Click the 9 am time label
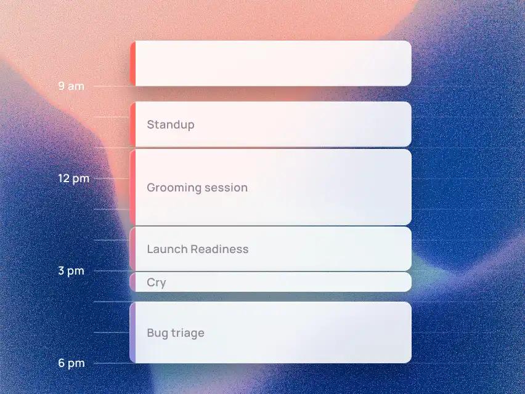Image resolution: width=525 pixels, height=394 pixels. [x=71, y=86]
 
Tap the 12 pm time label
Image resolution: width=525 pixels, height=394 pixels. [x=74, y=179]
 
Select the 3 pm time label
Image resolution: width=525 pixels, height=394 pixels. [x=71, y=271]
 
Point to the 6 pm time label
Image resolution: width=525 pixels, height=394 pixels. [x=71, y=363]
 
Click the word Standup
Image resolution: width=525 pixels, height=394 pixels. [x=171, y=125]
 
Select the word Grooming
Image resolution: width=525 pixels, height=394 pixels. [x=174, y=188]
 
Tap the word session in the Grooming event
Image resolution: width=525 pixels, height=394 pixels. [x=226, y=188]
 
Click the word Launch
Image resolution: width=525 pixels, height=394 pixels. [x=167, y=249]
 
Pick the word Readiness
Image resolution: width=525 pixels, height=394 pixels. [x=219, y=249]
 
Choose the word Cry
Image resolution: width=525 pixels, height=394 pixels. [x=157, y=283]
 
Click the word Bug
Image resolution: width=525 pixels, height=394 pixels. [x=157, y=334]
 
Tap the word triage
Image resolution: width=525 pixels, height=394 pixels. [x=187, y=333]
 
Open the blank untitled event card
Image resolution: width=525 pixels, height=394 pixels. [x=271, y=63]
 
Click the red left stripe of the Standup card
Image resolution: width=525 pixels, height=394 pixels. [x=132, y=124]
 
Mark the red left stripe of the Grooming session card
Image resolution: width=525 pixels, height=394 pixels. [x=132, y=187]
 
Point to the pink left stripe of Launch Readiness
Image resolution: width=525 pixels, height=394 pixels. [x=132, y=249]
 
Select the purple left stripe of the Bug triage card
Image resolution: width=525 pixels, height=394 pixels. [x=132, y=332]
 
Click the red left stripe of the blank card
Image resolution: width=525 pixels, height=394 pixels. [x=132, y=63]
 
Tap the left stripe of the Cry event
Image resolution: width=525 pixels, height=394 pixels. [x=132, y=282]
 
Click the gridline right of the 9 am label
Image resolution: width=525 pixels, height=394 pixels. [x=112, y=86]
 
